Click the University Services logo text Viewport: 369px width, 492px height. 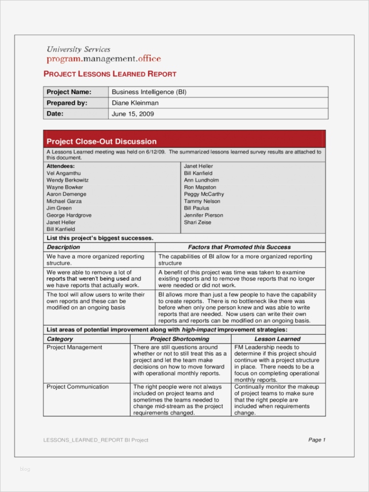[78, 50]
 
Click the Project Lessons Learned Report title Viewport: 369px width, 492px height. [110, 74]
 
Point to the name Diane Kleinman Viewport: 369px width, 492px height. [135, 103]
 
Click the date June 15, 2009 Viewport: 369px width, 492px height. [132, 114]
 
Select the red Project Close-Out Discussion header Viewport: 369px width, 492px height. [101, 141]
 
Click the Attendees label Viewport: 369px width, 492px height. [60, 166]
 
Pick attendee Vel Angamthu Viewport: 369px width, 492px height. [63, 173]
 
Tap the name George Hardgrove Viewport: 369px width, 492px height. [69, 215]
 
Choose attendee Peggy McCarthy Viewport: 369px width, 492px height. [204, 194]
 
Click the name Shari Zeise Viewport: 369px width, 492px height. [197, 222]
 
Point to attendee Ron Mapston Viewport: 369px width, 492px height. [200, 187]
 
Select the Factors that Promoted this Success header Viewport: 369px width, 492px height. [239, 247]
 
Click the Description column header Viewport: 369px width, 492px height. [63, 247]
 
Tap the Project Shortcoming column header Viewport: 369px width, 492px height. [179, 339]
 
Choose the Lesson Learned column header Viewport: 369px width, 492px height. [277, 339]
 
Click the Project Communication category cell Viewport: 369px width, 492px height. [78, 387]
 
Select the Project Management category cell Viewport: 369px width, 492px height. [74, 348]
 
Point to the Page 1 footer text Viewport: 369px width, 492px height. [317, 440]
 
